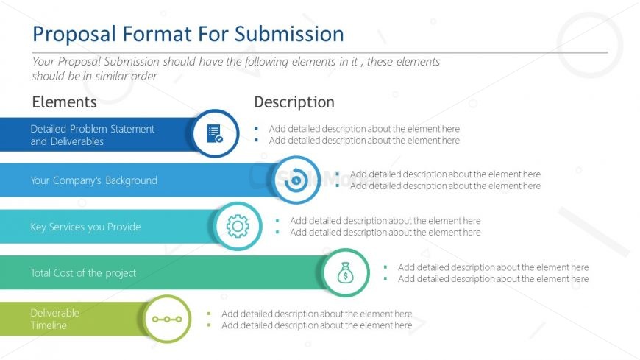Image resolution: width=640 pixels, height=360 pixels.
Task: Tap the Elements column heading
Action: click(x=64, y=102)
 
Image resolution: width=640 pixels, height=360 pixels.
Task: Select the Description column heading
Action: click(x=294, y=102)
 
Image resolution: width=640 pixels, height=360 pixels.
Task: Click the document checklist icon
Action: click(x=214, y=134)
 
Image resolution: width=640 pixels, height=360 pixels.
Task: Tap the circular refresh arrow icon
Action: click(x=296, y=180)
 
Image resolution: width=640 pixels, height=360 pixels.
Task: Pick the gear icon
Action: click(x=238, y=226)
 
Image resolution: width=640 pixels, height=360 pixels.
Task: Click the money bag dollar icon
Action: click(x=344, y=273)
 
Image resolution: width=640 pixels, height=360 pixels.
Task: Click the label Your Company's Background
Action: click(x=93, y=180)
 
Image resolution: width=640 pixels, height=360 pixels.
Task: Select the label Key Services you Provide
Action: click(x=85, y=227)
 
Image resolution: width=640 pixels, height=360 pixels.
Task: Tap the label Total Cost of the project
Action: click(x=83, y=273)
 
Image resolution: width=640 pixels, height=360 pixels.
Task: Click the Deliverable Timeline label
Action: click(x=54, y=319)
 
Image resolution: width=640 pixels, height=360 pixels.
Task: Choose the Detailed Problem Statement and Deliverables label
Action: click(x=92, y=135)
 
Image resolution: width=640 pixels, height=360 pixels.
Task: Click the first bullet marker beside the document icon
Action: click(x=256, y=129)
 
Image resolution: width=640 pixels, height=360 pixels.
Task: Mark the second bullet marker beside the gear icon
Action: click(x=277, y=233)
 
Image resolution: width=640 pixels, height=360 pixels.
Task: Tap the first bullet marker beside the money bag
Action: click(x=385, y=268)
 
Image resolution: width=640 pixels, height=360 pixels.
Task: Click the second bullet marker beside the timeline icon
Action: click(x=209, y=325)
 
